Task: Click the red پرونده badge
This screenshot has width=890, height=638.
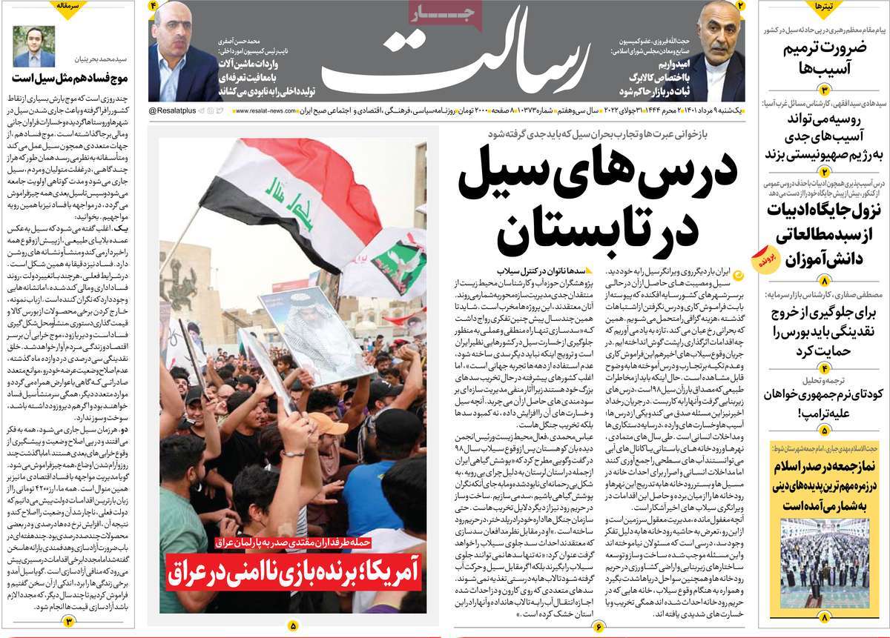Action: (x=765, y=259)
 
